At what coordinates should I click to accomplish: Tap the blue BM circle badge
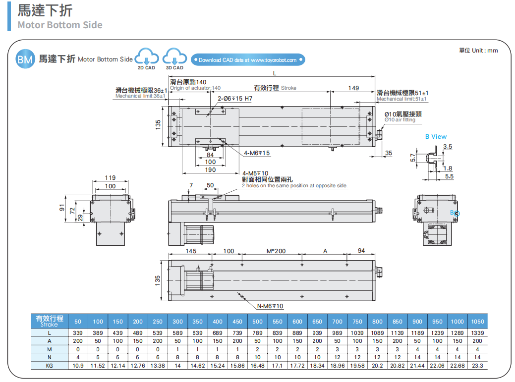pyautogui.click(x=25, y=59)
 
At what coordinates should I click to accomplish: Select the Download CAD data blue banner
pyautogui.click(x=247, y=60)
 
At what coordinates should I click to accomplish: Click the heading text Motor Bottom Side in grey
pyautogui.click(x=60, y=25)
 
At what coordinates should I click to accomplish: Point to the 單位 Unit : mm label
pyautogui.click(x=478, y=50)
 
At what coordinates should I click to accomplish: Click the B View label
pyautogui.click(x=436, y=136)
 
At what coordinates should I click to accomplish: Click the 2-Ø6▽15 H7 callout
pyautogui.click(x=235, y=99)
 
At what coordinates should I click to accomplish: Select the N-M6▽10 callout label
pyautogui.click(x=270, y=306)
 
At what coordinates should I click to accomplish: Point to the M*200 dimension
pyautogui.click(x=276, y=251)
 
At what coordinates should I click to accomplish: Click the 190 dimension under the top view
pyautogui.click(x=211, y=170)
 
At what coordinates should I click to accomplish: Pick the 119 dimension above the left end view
pyautogui.click(x=110, y=177)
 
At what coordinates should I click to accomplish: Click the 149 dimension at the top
pyautogui.click(x=353, y=88)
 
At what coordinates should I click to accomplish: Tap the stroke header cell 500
pyautogui.click(x=257, y=321)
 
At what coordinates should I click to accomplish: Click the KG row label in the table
pyautogui.click(x=50, y=366)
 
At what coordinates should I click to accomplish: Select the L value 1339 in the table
pyautogui.click(x=477, y=333)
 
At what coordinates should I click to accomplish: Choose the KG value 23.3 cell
pyautogui.click(x=477, y=366)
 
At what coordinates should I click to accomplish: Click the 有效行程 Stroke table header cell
pyautogui.click(x=50, y=321)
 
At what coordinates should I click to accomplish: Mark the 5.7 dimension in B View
pyautogui.click(x=413, y=157)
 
